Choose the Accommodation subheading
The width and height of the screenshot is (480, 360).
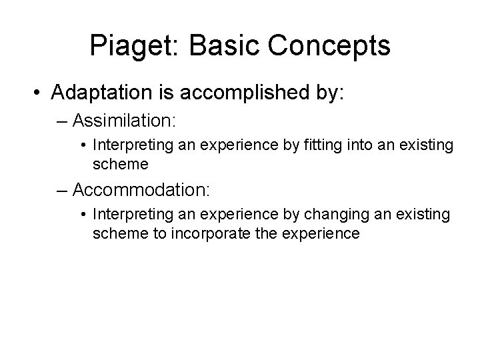[141, 190]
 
